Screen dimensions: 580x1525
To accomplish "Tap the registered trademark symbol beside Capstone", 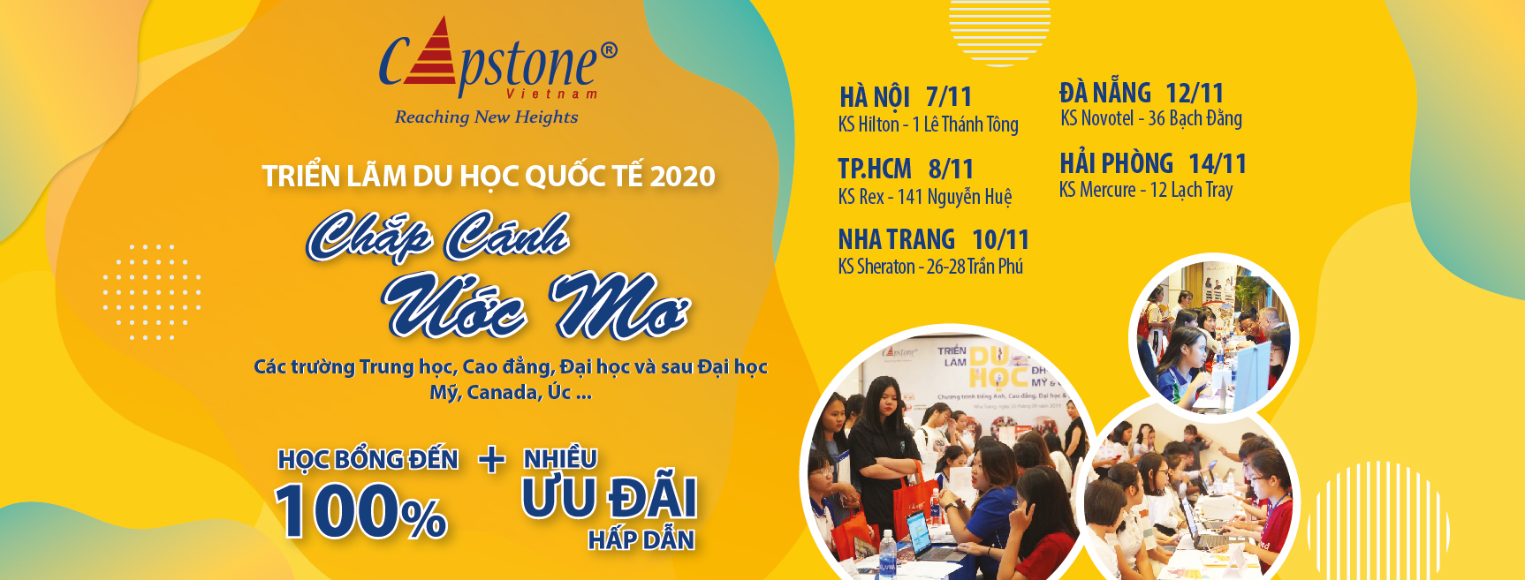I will (x=609, y=50).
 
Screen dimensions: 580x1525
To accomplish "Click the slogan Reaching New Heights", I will (x=486, y=117).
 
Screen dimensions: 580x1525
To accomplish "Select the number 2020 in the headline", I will (x=682, y=177).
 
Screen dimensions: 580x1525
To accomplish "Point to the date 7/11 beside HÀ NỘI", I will (x=949, y=96).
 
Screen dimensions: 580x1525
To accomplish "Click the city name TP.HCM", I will (x=875, y=169).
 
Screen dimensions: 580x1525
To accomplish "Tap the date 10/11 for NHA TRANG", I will (x=1000, y=239).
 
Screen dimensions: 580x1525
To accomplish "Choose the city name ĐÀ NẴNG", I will (x=1105, y=93).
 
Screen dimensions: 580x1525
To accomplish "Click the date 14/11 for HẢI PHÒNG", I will (x=1218, y=164).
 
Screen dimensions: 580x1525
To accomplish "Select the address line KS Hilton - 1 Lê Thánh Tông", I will (x=928, y=124).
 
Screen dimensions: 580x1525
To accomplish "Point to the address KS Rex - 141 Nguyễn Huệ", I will (x=925, y=197).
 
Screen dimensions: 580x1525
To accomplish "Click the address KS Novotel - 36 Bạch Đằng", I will (x=1151, y=118).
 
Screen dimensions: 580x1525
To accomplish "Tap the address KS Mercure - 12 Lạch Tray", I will (x=1146, y=190).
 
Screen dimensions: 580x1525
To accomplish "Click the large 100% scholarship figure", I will (x=360, y=511).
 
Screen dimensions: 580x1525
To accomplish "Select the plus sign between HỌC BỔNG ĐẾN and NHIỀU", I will (x=492, y=459).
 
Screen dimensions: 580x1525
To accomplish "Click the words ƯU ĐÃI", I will (x=609, y=498).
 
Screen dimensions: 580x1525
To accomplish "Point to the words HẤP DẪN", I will (x=641, y=539).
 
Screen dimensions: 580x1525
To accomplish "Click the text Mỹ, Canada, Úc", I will (x=511, y=392).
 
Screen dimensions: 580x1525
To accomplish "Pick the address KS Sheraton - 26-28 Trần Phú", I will (x=930, y=267).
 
